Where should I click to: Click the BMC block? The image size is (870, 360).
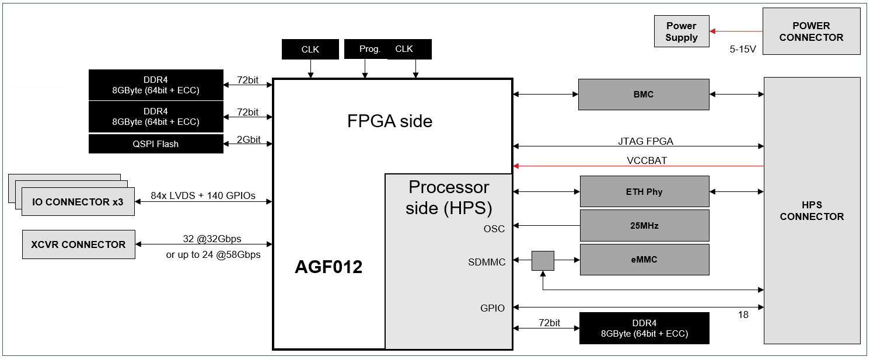(644, 95)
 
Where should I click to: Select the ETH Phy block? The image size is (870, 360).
(644, 191)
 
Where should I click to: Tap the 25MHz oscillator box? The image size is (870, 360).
(644, 225)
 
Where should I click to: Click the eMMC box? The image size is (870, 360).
(644, 260)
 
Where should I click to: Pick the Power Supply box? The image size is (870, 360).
(682, 32)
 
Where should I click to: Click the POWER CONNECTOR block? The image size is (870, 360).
(811, 32)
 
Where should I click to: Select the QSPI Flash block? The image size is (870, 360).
(156, 144)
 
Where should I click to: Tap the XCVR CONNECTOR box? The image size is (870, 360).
(78, 244)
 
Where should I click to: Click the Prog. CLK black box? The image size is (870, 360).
(387, 49)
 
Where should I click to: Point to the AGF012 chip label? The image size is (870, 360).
(329, 267)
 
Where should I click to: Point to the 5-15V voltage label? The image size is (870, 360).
(743, 50)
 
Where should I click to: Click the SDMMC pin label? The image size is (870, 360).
(487, 262)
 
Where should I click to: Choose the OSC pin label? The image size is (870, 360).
(494, 229)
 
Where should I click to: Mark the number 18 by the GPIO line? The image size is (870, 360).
(743, 315)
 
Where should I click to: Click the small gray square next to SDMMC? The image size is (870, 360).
(543, 260)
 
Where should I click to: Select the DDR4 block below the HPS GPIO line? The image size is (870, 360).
(644, 328)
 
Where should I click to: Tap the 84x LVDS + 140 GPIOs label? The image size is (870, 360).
(202, 195)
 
